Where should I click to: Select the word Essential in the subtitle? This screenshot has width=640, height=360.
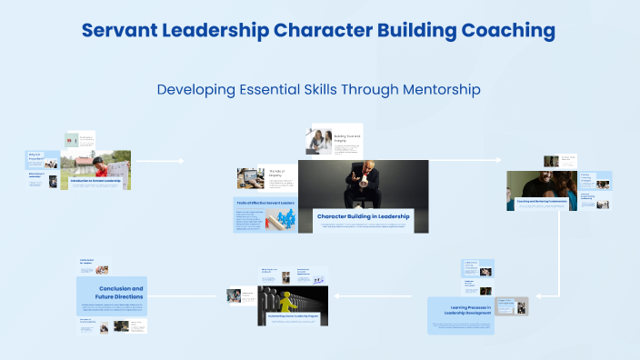(272, 90)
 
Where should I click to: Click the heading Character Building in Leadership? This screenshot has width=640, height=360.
(363, 216)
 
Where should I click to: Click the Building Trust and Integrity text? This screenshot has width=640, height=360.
(347, 138)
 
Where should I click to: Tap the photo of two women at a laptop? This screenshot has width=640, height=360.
(322, 140)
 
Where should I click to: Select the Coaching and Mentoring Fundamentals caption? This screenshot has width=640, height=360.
(542, 202)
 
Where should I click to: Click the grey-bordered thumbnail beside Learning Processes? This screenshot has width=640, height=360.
(511, 306)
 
